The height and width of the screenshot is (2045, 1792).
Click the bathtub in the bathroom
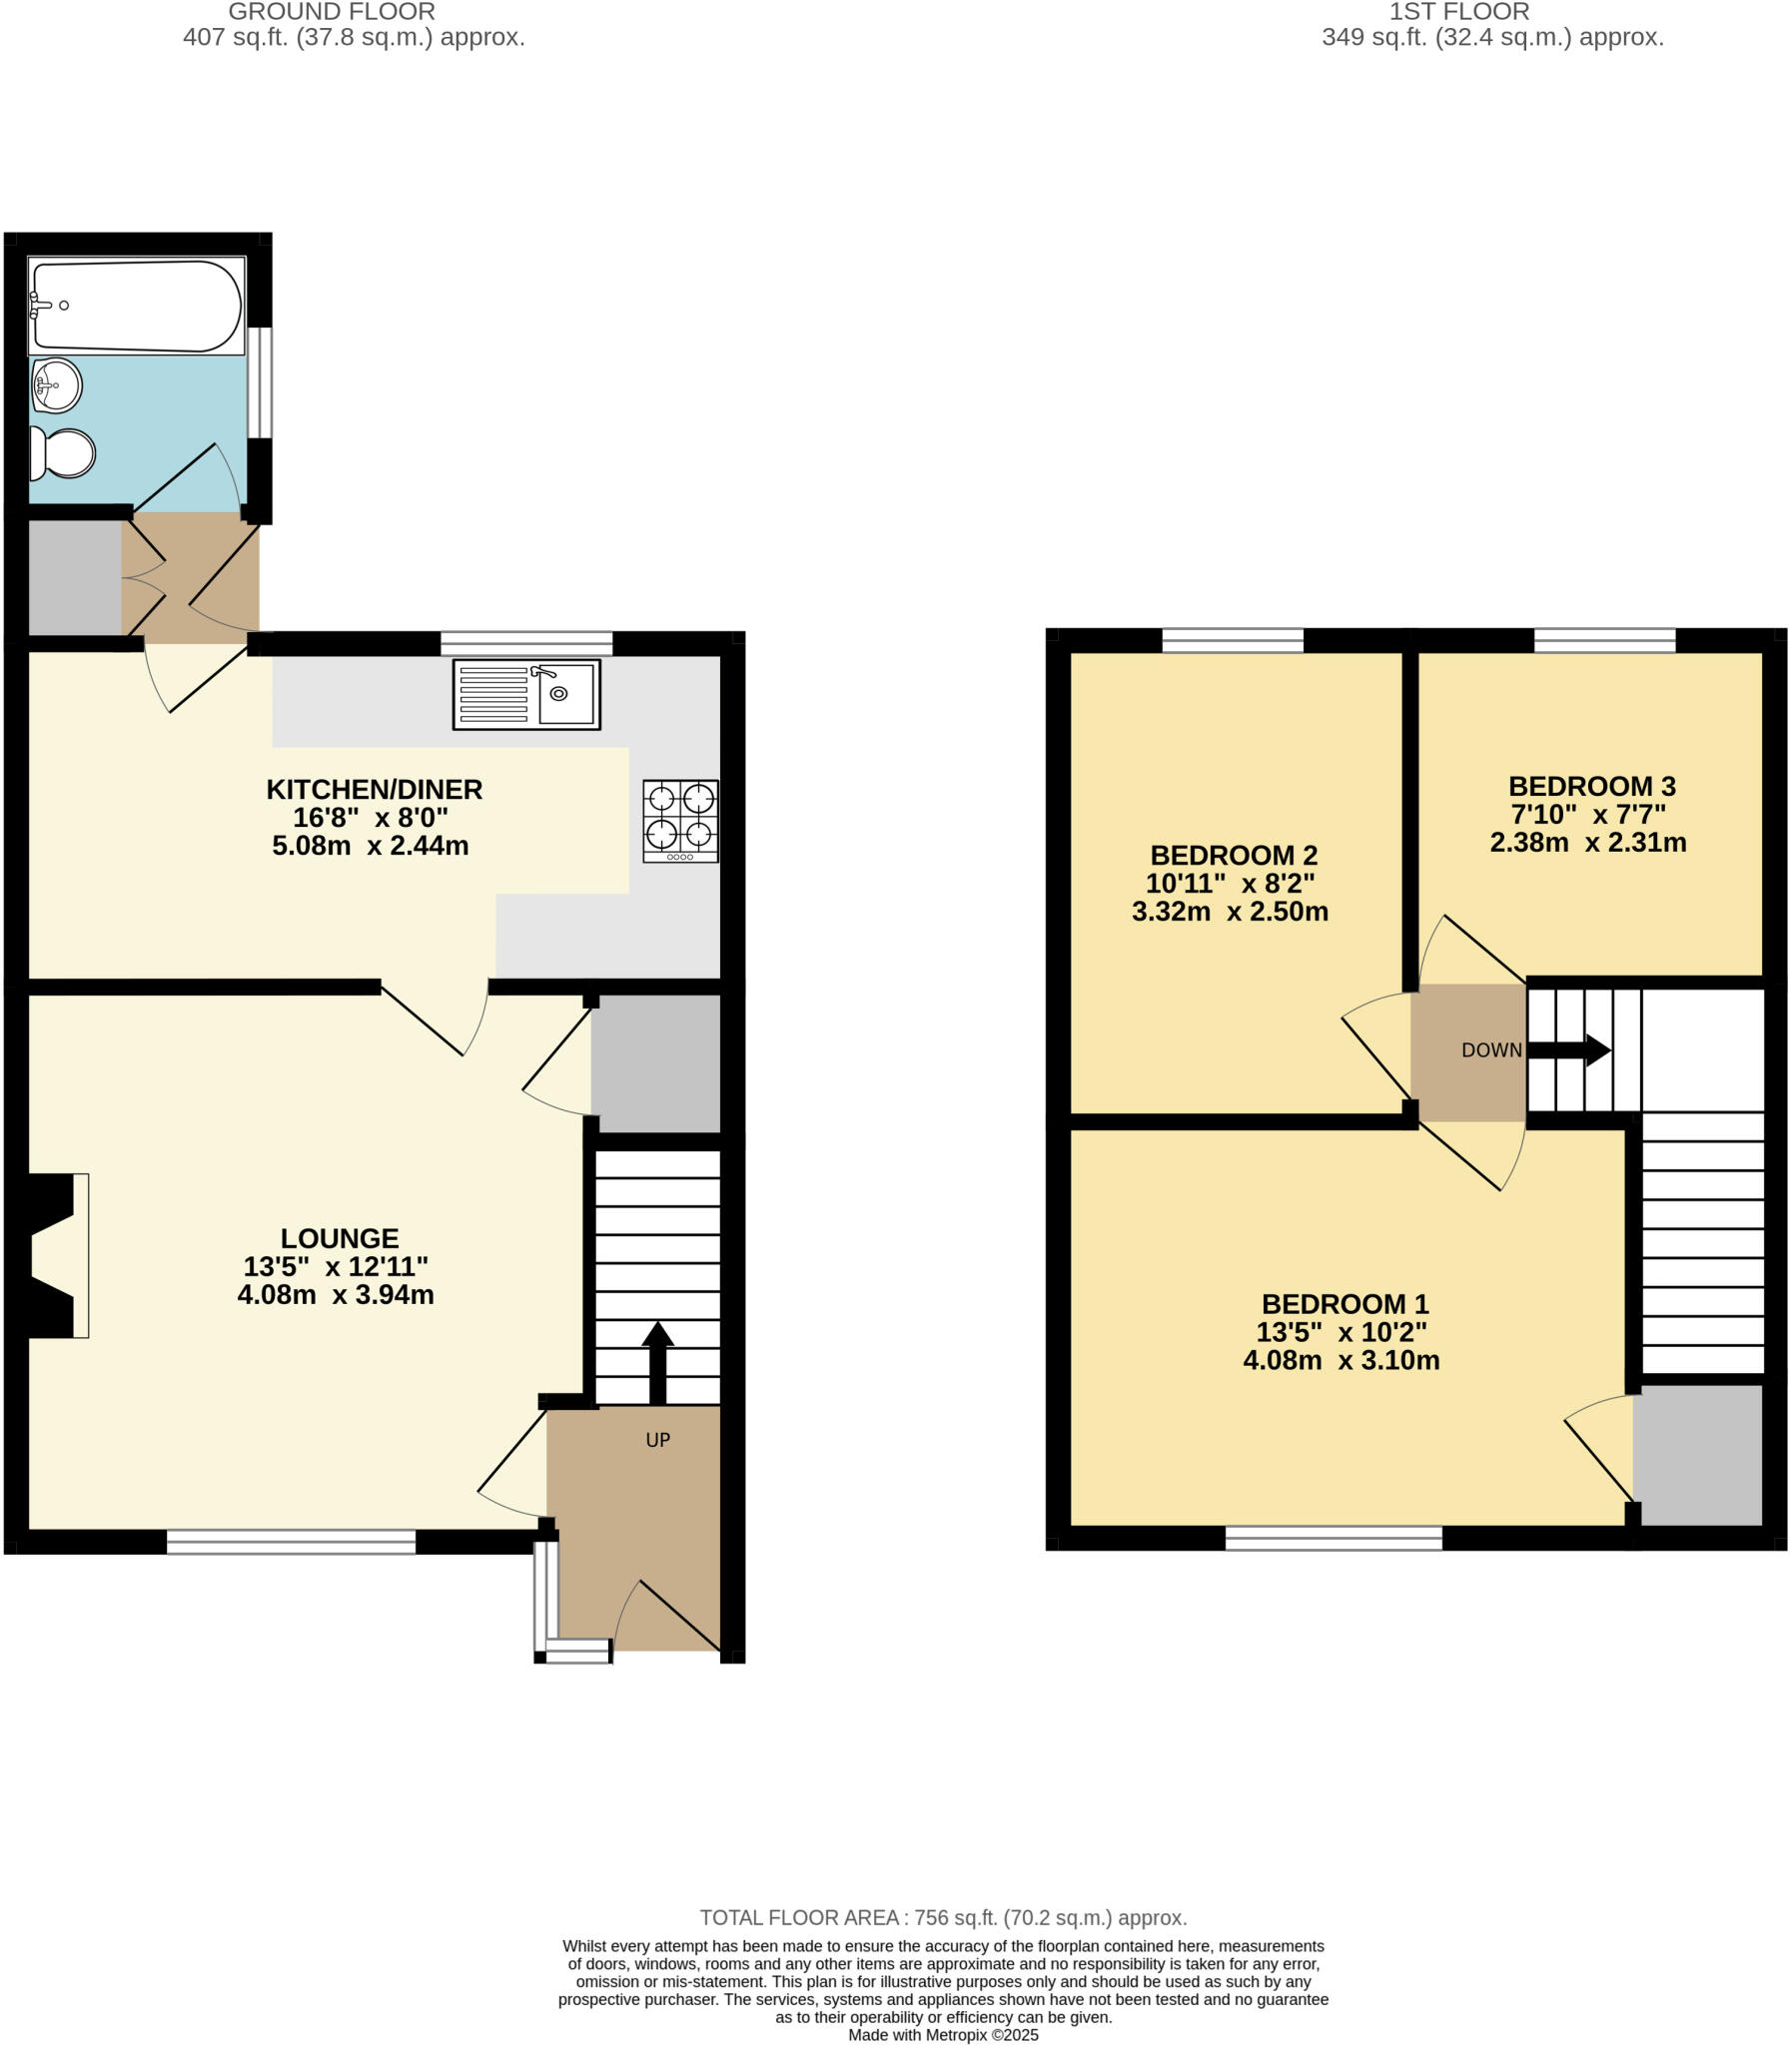pyautogui.click(x=137, y=306)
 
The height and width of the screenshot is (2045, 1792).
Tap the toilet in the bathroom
pyautogui.click(x=62, y=452)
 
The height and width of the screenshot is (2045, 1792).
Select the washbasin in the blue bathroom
pyautogui.click(x=57, y=384)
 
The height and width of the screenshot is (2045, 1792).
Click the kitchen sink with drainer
pyautogui.click(x=526, y=694)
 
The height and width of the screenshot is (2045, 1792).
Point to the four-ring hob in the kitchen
pyautogui.click(x=680, y=821)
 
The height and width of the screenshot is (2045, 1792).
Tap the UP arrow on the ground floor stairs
pyautogui.click(x=657, y=1361)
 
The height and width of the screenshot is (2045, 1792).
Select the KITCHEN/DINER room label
pyautogui.click(x=374, y=790)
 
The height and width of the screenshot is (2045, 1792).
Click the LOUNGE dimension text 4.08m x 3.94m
pyautogui.click(x=335, y=1295)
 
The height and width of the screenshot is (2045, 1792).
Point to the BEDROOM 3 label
pyautogui.click(x=1592, y=786)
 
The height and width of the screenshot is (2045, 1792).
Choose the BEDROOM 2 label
pyautogui.click(x=1234, y=855)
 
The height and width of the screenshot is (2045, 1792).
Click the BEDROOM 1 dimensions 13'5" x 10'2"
pyautogui.click(x=1341, y=1332)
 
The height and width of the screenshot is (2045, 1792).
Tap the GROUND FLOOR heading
pyautogui.click(x=331, y=12)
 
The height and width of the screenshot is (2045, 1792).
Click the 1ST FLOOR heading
pyautogui.click(x=1459, y=12)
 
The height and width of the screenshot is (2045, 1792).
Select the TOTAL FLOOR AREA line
pyautogui.click(x=943, y=1917)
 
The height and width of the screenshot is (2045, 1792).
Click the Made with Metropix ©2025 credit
pyautogui.click(x=943, y=2034)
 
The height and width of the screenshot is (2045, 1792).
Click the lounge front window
pyautogui.click(x=291, y=1542)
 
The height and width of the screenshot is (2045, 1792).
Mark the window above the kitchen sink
pyautogui.click(x=526, y=642)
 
